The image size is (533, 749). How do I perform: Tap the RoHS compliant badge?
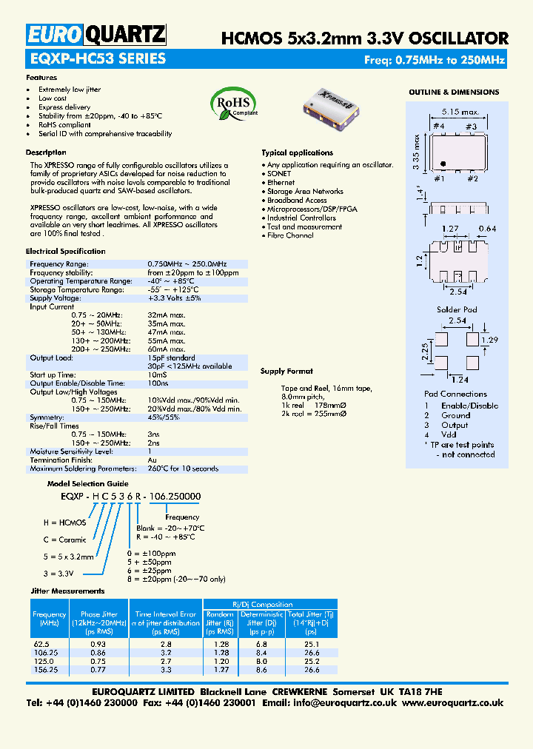click(235, 104)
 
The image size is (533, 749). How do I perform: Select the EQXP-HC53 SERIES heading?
click(96, 59)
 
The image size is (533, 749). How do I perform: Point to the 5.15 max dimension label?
click(452, 112)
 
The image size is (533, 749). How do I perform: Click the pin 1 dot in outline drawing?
click(442, 163)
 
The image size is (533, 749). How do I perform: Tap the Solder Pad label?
click(457, 309)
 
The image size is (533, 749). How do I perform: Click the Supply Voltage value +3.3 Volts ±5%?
click(174, 298)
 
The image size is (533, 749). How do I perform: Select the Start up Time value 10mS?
click(157, 375)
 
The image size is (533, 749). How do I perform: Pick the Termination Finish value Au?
click(152, 460)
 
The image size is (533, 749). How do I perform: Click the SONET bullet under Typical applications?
click(279, 173)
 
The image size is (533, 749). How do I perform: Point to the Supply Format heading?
click(286, 371)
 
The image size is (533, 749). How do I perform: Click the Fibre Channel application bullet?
click(290, 235)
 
